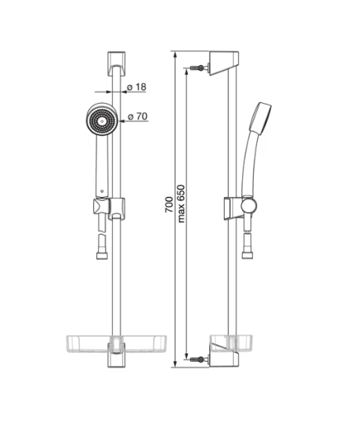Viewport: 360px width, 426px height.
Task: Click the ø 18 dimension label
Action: coord(137,87)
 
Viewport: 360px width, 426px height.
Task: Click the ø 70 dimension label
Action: coord(138,116)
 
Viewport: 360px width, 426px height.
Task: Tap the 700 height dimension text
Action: coord(169,204)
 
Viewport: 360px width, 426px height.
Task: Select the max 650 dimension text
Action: coord(181,204)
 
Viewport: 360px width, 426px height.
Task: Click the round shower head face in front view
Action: coord(102,119)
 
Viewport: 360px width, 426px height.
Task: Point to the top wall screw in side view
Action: coord(197,68)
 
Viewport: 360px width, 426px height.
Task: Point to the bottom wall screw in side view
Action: coord(197,358)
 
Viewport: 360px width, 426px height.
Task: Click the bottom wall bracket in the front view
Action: coord(116,355)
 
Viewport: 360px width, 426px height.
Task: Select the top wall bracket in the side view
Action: coord(224,63)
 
